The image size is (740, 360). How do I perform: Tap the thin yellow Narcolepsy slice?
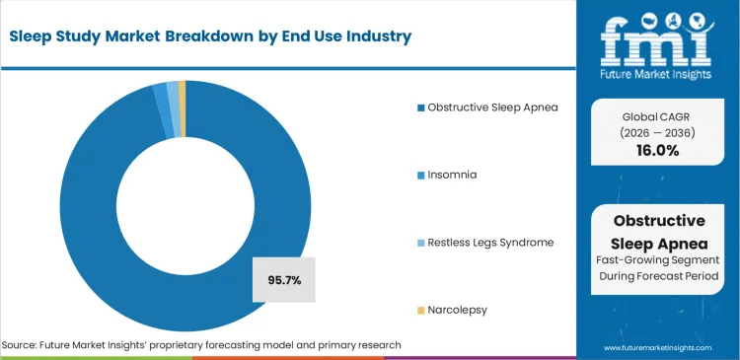click(x=182, y=95)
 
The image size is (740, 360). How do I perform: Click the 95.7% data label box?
click(x=284, y=280)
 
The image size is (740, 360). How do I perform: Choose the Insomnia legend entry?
click(x=452, y=175)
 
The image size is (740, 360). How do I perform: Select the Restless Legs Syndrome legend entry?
click(x=482, y=242)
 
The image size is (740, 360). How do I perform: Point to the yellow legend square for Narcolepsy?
click(x=419, y=310)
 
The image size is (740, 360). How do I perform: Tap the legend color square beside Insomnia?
click(x=419, y=175)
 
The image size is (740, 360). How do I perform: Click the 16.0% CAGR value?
click(x=656, y=151)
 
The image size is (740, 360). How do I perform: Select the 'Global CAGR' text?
click(x=656, y=115)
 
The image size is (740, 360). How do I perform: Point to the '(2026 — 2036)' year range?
click(x=656, y=132)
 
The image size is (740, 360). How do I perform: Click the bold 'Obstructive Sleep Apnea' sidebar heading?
click(x=658, y=230)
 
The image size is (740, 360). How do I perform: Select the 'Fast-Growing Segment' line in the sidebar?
click(x=658, y=258)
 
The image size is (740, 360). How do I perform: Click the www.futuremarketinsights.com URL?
click(x=658, y=348)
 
